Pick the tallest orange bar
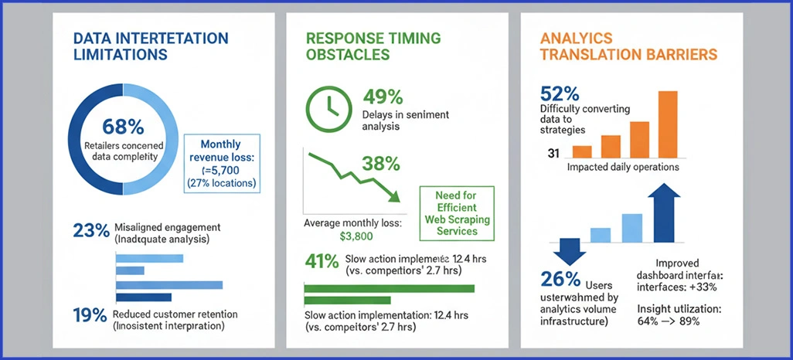667,124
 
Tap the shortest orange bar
582,151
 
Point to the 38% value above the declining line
381,164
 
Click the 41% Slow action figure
322,261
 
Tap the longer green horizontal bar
390,288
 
